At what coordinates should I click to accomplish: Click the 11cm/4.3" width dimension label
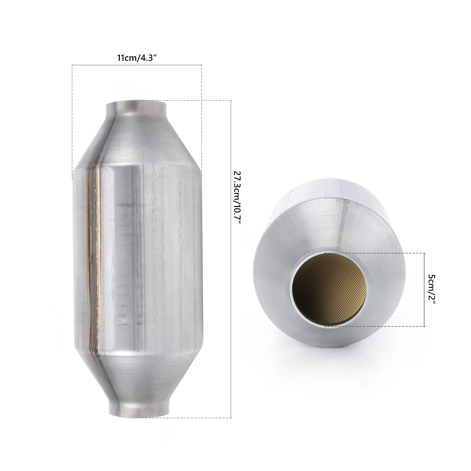point(137,57)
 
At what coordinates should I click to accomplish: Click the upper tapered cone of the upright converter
point(138,141)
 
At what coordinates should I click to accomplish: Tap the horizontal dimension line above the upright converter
point(137,64)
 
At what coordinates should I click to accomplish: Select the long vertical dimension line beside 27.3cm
point(231,294)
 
